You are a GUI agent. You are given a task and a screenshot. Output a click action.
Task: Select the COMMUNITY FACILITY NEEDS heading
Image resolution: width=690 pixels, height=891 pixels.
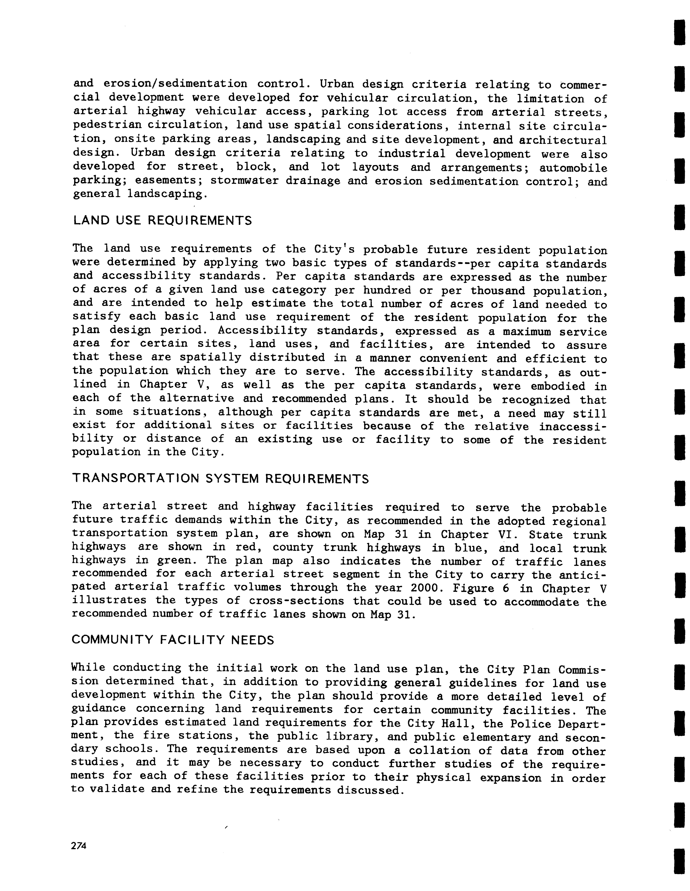coord(173,640)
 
